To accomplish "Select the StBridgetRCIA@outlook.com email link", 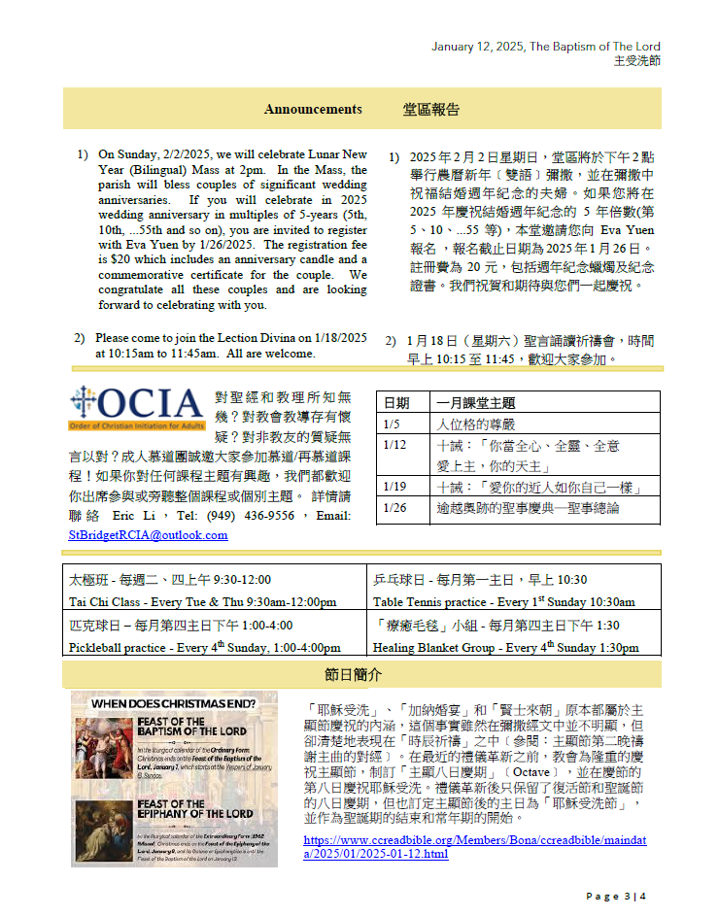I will tap(148, 534).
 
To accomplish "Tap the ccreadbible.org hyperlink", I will tap(472, 847).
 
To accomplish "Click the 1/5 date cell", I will tap(392, 424).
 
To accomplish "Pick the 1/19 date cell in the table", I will tap(395, 487).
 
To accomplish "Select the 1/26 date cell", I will tap(395, 508).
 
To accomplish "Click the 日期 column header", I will tap(396, 402).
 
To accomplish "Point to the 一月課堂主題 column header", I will tap(476, 402).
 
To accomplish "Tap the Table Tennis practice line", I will tap(504, 602).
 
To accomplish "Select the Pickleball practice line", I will tap(204, 648).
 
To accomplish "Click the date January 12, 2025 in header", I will tap(478, 47).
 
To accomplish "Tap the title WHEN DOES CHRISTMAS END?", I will tap(174, 702).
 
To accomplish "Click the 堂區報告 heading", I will tap(430, 110).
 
